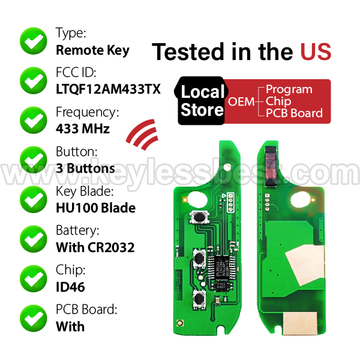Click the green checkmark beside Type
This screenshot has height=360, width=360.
coord(34,41)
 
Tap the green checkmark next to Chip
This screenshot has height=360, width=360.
coord(34,279)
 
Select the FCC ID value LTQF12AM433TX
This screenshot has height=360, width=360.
coord(108,89)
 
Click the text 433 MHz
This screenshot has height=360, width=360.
coord(83,128)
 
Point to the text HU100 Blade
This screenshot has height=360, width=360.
coord(96,208)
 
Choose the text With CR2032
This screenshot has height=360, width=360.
coord(95,247)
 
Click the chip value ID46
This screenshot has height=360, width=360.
coord(70,287)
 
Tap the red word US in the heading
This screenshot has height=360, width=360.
coord(316,52)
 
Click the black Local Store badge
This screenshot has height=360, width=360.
coord(202,101)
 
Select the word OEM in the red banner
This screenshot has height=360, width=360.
coord(241,101)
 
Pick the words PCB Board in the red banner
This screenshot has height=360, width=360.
coord(294,113)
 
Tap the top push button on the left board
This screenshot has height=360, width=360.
coord(199,217)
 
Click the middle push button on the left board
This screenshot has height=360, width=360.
coord(199,258)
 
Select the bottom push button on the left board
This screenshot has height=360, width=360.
coord(199,298)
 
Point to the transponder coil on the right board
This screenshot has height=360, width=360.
coord(271,166)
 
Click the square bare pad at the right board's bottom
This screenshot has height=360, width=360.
coord(300,323)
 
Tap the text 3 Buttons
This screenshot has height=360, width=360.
coord(85,168)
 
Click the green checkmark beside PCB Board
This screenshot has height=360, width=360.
coord(34,318)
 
